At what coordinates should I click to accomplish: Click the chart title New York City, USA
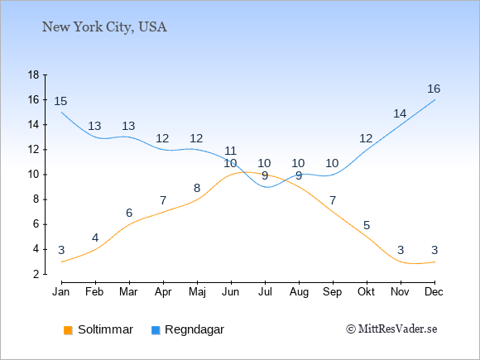coord(104,27)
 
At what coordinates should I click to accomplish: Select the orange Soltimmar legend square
coord(68,330)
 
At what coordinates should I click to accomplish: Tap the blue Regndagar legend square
coord(156,330)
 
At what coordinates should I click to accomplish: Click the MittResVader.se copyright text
coord(391,329)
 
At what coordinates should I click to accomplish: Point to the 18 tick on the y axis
coord(33,74)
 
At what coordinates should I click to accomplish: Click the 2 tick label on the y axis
coord(36,274)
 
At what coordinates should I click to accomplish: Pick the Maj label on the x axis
coord(197,292)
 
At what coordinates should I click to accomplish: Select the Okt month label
coord(366,292)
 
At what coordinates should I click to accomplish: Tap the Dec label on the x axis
coord(434,292)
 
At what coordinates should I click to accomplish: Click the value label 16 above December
coord(434,89)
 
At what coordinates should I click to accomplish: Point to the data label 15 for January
coord(60,101)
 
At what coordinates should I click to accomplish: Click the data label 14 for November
coord(400,114)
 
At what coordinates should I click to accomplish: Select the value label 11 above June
coord(230,151)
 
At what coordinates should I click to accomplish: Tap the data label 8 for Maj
coord(197,188)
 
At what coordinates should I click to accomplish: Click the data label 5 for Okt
coord(367,226)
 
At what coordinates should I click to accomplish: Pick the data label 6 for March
coord(129,213)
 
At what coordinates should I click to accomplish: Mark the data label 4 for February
coord(95,238)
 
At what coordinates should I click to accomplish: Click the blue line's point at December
coord(434,100)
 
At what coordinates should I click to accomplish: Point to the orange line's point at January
coord(62,262)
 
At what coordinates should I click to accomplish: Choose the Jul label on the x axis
coord(265,292)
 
